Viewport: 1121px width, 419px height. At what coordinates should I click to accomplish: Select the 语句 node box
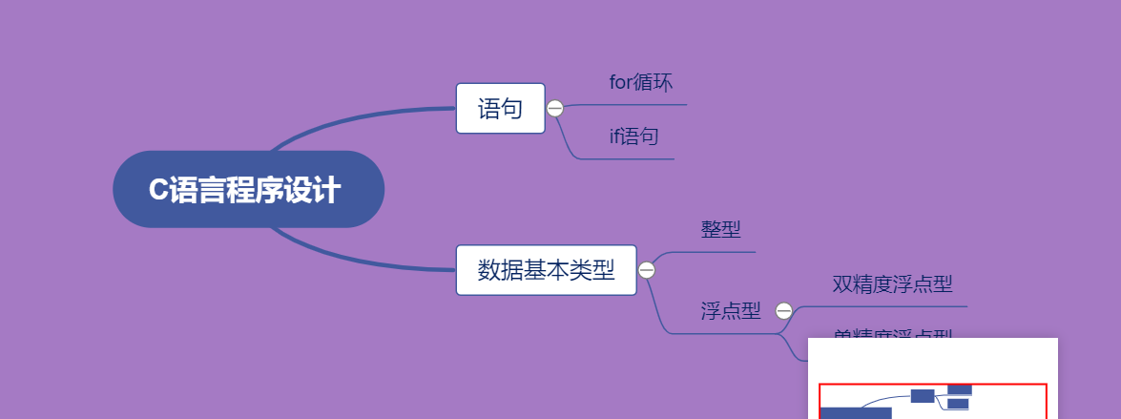tap(500, 109)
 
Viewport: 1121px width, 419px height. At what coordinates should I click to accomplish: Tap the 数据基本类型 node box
tap(546, 270)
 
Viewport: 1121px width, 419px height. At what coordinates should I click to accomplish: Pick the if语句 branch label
tap(633, 136)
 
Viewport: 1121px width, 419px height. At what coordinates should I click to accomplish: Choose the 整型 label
tap(720, 229)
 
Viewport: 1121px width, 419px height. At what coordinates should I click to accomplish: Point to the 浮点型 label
tap(731, 311)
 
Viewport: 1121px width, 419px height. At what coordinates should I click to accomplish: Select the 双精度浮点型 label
tap(892, 284)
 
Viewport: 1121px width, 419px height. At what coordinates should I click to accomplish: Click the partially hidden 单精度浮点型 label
tap(892, 333)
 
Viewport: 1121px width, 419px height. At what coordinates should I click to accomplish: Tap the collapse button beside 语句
tap(555, 109)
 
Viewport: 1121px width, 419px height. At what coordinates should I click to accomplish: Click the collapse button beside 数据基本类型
tap(647, 270)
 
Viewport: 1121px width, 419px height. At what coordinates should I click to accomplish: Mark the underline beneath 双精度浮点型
tap(892, 306)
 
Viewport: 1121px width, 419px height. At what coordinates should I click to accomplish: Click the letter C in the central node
tap(157, 190)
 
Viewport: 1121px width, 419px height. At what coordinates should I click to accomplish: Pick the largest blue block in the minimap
tap(856, 412)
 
